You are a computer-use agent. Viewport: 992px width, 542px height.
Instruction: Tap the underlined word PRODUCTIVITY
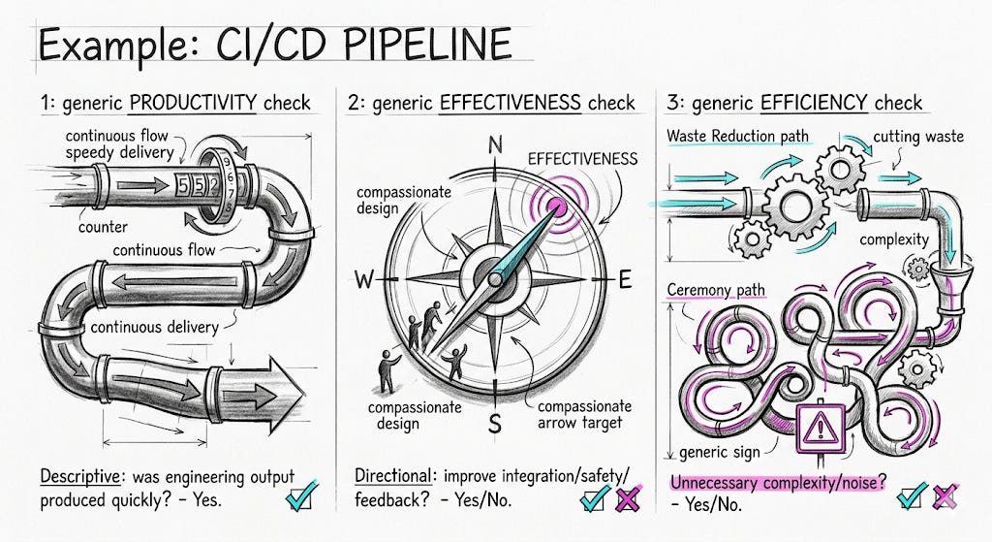pos(193,103)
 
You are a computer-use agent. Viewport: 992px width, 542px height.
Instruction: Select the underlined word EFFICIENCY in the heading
pos(814,103)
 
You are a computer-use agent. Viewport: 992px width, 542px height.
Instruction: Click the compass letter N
pos(495,145)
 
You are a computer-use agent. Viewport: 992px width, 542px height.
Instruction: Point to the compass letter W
pos(364,278)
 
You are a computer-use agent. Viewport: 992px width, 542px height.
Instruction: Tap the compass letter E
pos(625,278)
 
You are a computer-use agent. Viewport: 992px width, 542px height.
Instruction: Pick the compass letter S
pos(495,423)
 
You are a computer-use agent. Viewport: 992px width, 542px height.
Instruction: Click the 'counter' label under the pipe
pos(103,227)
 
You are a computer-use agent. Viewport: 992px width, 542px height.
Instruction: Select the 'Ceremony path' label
pos(716,290)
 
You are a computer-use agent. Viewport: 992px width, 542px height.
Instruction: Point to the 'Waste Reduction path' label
pos(737,136)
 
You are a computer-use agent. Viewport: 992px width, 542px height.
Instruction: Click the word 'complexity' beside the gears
pos(894,240)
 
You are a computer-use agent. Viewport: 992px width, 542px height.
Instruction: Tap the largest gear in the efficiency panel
pos(795,206)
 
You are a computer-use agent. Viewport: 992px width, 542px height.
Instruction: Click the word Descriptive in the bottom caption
pos(79,476)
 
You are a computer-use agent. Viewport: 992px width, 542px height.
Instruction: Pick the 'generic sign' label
pos(720,453)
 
